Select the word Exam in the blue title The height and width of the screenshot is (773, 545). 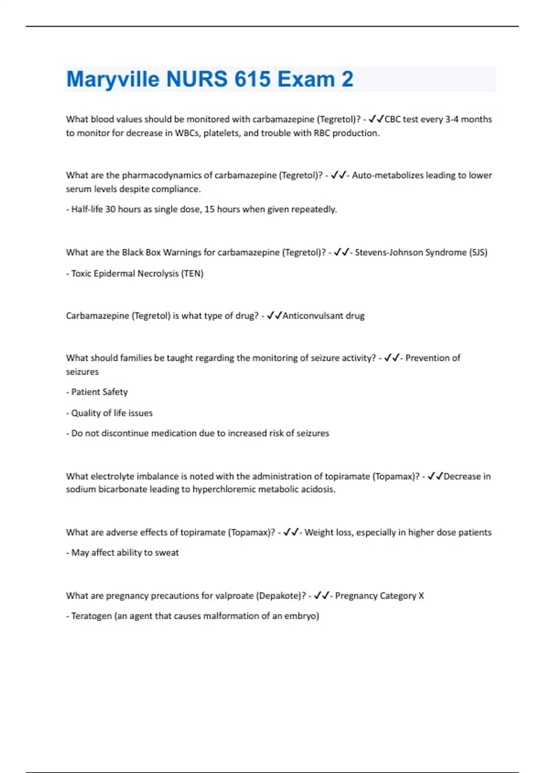pyautogui.click(x=306, y=80)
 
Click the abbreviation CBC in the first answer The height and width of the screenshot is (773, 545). pyautogui.click(x=392, y=119)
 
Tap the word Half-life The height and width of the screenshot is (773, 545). pyautogui.click(x=87, y=210)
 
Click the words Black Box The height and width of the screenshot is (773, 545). pyautogui.click(x=141, y=252)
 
